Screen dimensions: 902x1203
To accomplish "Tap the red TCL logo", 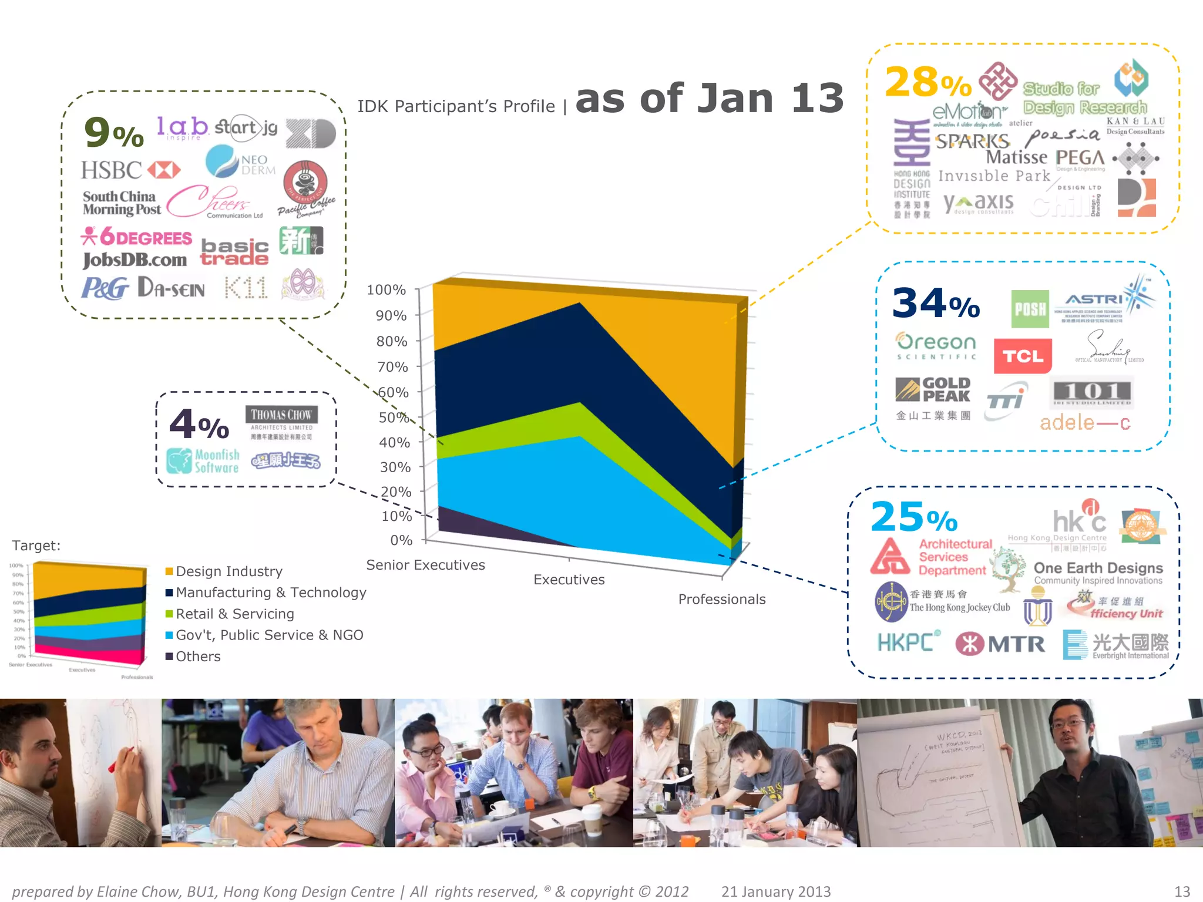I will point(1022,356).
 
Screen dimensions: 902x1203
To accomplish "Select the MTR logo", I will point(1000,644).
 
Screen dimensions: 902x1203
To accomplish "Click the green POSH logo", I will point(1030,309).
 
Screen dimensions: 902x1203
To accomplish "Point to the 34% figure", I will point(935,304).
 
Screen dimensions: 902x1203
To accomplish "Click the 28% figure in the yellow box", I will point(927,83).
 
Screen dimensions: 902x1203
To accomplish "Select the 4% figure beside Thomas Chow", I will point(199,425).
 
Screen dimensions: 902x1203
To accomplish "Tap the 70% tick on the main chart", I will point(392,367).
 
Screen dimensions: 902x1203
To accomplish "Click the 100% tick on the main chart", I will point(386,290).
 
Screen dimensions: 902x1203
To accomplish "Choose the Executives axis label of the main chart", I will point(569,580).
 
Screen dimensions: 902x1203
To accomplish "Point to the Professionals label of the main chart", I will point(721,600).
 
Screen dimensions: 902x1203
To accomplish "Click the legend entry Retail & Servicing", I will point(234,614).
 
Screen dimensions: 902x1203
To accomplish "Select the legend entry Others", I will point(198,657).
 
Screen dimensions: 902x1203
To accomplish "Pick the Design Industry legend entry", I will point(228,571).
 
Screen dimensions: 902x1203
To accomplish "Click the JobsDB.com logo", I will point(135,260).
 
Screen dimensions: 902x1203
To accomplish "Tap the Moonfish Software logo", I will point(203,462).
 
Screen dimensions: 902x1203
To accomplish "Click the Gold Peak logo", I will point(933,390).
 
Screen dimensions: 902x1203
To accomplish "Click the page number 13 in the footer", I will point(1182,891).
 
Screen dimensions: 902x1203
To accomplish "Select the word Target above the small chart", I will point(36,546).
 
